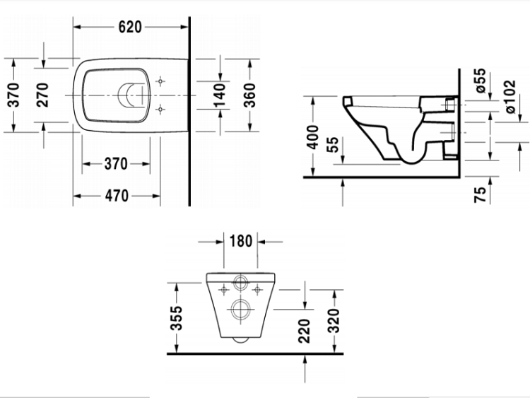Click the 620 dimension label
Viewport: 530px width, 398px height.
[x=130, y=27]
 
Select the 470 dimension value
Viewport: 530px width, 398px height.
[x=117, y=196]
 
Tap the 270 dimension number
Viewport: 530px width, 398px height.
[x=42, y=95]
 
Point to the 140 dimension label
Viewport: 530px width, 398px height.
[x=220, y=95]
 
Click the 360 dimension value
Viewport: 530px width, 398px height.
[x=249, y=95]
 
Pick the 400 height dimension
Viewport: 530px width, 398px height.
[x=312, y=137]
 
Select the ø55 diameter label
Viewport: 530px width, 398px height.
[x=481, y=81]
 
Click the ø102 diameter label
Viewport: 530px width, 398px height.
[x=510, y=97]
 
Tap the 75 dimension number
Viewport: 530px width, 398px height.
[x=480, y=194]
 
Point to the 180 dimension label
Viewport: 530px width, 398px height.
[x=241, y=242]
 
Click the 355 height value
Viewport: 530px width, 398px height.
[x=176, y=318]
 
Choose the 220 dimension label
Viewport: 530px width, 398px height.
[x=304, y=331]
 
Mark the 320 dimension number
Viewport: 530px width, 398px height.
[x=334, y=320]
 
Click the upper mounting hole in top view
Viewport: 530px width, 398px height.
[x=160, y=81]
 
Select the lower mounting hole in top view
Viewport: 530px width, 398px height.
[x=160, y=110]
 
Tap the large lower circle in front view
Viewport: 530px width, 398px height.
[x=241, y=309]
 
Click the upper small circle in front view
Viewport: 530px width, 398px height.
[x=241, y=282]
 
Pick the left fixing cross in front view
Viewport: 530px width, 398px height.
[x=223, y=290]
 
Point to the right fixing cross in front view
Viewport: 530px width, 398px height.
[x=257, y=290]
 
